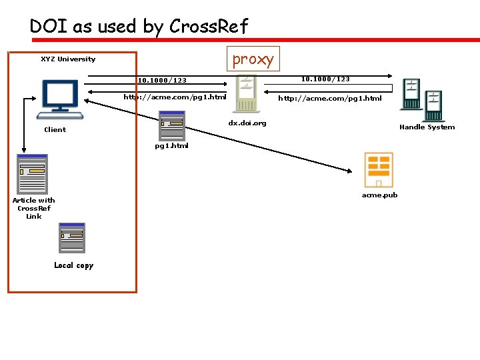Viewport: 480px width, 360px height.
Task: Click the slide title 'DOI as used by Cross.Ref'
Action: point(139,26)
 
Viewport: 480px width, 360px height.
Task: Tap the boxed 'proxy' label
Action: point(253,59)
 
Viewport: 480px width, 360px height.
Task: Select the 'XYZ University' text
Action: point(68,59)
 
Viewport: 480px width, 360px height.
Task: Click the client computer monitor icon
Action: point(61,99)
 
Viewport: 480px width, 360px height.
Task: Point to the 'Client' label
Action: point(55,130)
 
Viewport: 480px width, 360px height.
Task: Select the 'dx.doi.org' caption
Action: point(247,123)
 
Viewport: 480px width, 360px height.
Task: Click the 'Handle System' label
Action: point(427,127)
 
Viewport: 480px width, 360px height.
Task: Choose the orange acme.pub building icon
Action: point(377,170)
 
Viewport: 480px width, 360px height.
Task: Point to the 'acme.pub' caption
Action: point(379,195)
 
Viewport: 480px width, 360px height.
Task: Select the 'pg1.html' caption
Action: point(171,146)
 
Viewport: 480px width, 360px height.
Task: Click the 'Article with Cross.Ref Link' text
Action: point(33,208)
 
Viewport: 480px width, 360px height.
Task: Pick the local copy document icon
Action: point(72,238)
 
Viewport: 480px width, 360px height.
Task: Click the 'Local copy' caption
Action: point(73,265)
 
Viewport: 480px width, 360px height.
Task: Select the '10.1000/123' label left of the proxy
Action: point(162,81)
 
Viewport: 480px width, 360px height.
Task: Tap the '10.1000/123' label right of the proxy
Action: point(325,79)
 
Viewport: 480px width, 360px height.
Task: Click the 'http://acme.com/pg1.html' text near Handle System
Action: point(329,99)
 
